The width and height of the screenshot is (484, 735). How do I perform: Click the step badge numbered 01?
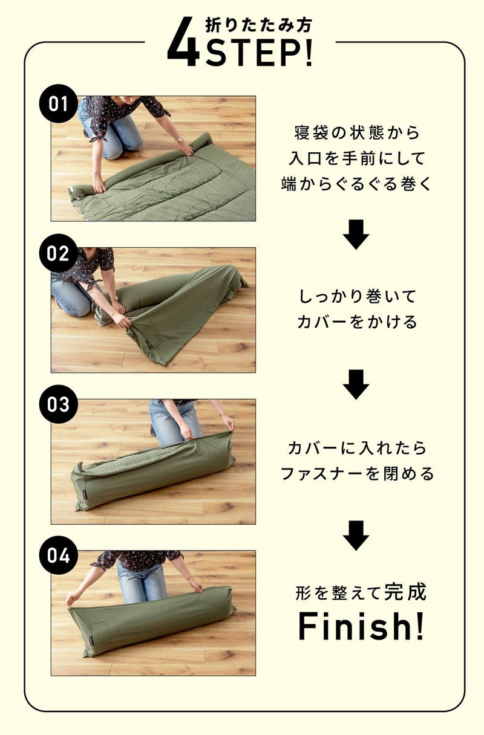59,103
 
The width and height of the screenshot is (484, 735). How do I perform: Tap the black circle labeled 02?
59,253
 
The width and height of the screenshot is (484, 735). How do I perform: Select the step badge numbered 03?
59,404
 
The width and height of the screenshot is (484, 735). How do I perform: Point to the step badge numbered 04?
59,555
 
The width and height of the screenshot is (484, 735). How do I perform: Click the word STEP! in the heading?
259,53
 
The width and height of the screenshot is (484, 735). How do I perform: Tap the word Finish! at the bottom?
361,626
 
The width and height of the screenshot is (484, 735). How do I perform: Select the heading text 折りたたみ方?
258,25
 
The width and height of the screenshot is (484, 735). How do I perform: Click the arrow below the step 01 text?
356,235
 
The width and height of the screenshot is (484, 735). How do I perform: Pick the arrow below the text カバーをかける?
356,384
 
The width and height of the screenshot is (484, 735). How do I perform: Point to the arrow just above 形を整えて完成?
356,536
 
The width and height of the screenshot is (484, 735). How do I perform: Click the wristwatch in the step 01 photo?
180,140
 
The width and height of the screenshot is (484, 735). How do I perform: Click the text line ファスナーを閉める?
358,473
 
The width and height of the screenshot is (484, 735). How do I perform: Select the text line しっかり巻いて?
358,296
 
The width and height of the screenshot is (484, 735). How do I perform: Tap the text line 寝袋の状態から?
358,132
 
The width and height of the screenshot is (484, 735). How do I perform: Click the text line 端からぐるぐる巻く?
356,184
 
